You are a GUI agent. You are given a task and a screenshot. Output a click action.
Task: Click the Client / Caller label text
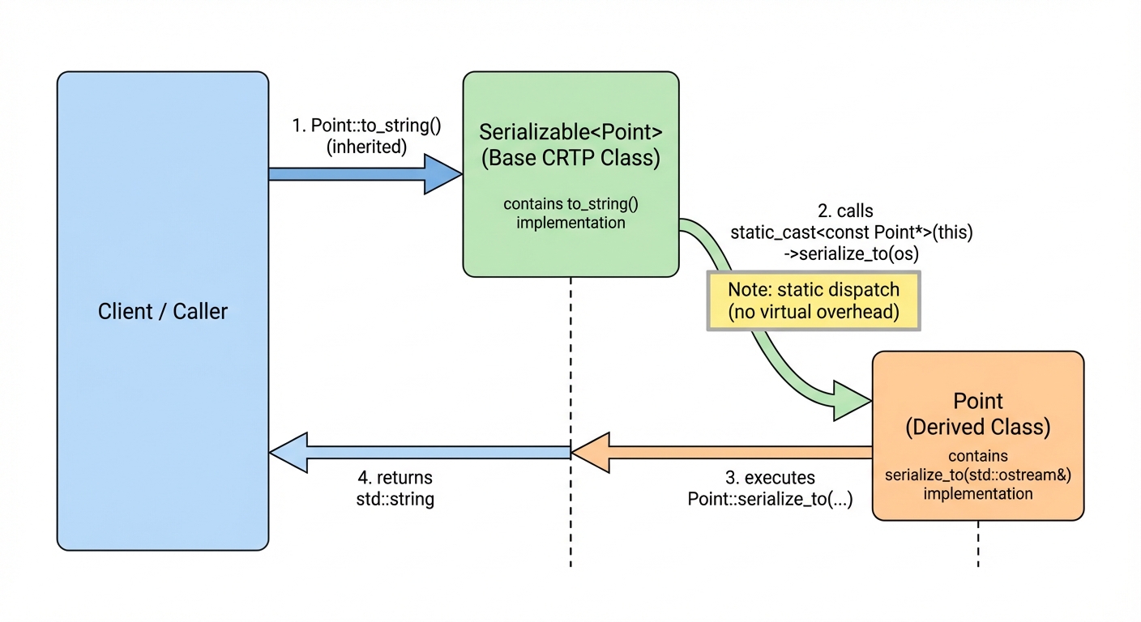tap(163, 311)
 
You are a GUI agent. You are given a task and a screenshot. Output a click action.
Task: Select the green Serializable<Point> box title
tap(570, 132)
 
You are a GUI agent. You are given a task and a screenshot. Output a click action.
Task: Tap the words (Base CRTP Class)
tap(570, 158)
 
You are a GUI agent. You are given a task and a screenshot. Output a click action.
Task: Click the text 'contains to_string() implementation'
tap(570, 212)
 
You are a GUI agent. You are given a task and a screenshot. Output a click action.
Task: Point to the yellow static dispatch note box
tap(814, 301)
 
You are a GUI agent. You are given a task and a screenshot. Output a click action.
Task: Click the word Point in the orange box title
tap(978, 401)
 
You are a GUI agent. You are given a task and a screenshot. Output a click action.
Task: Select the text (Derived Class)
tap(978, 426)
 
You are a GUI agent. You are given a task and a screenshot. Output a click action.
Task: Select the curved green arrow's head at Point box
tap(851, 400)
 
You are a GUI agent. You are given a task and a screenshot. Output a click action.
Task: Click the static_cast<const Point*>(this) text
tap(851, 232)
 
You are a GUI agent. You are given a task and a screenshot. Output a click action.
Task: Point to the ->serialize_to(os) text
tap(851, 253)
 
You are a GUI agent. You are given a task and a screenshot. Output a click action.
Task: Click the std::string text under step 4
tap(395, 498)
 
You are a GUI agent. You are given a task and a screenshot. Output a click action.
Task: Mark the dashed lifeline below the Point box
tap(978, 543)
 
